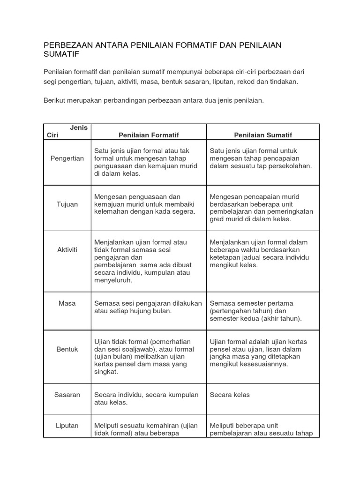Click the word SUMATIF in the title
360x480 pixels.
click(x=61, y=55)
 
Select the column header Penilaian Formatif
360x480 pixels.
click(x=149, y=135)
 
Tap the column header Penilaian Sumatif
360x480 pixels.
click(x=263, y=135)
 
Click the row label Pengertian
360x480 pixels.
click(x=67, y=158)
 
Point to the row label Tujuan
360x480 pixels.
click(x=67, y=204)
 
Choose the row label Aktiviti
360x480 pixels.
click(x=67, y=250)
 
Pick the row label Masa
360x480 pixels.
click(x=67, y=303)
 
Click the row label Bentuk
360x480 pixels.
click(x=67, y=349)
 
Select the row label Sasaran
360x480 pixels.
click(x=67, y=395)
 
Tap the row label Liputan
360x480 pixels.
click(x=67, y=426)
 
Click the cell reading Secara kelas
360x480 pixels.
click(x=230, y=395)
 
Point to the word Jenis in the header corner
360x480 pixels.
click(x=79, y=127)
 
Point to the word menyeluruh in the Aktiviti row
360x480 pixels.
click(x=113, y=280)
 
